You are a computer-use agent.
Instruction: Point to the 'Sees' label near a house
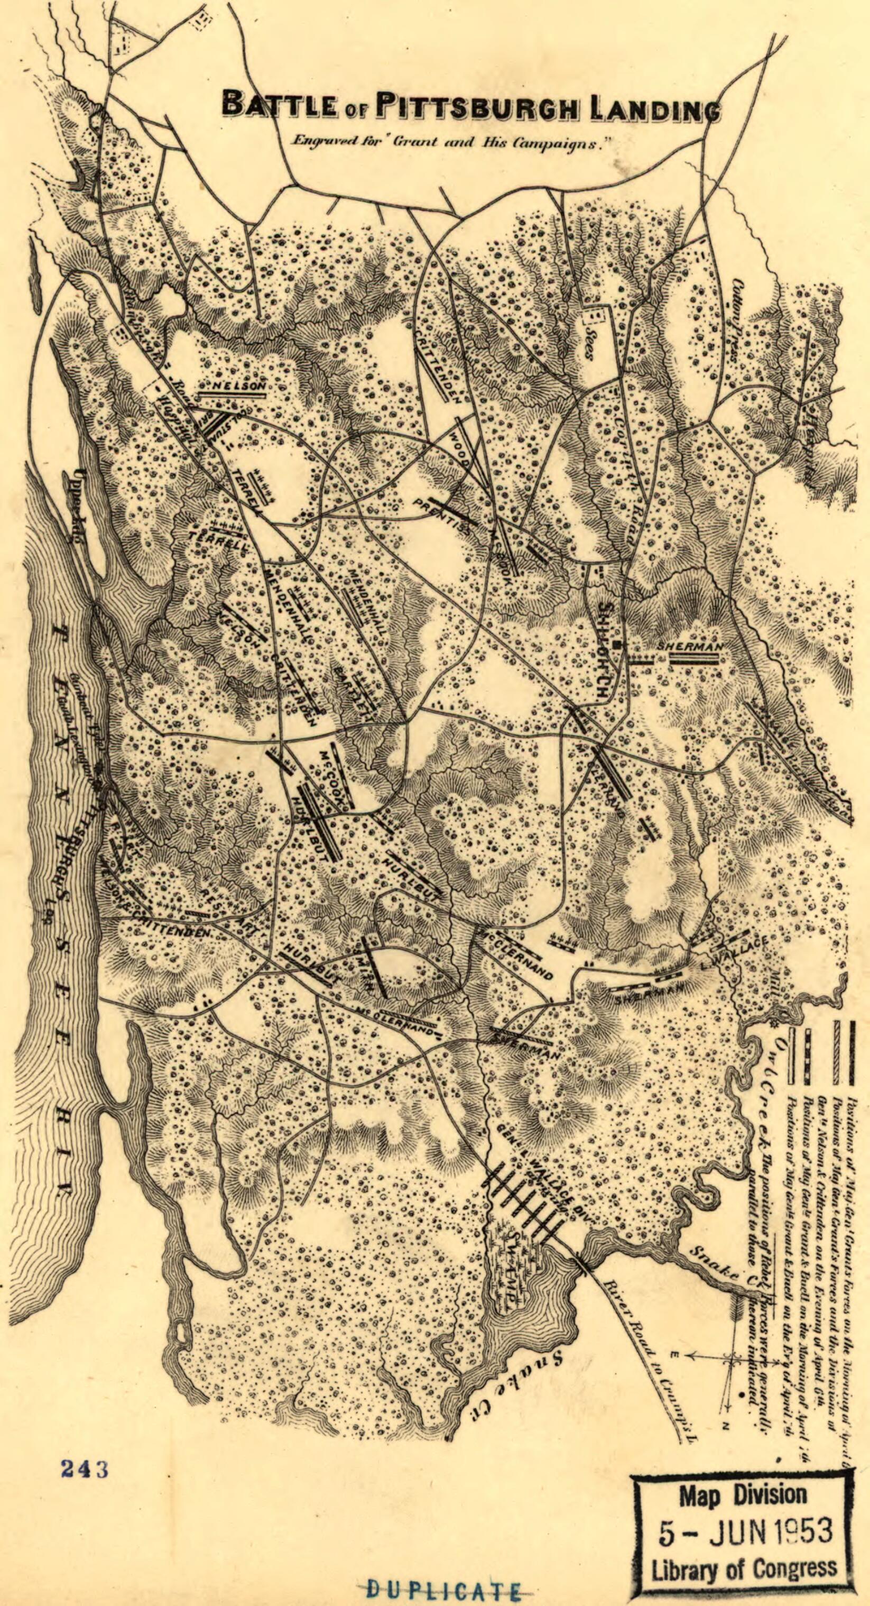[x=587, y=347]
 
